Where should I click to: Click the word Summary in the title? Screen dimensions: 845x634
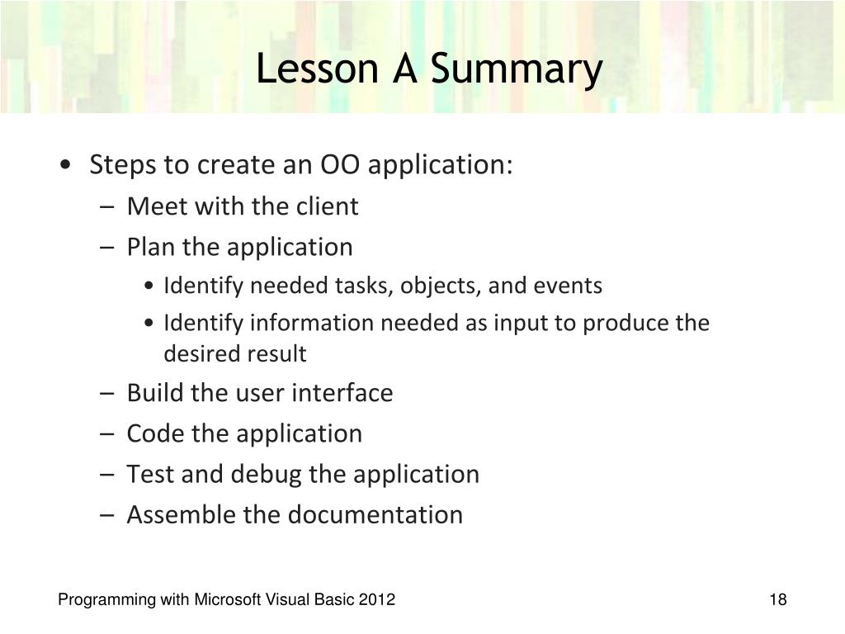pos(517,69)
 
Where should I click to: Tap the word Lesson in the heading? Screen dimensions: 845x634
pos(317,69)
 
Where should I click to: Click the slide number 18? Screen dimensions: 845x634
pos(777,599)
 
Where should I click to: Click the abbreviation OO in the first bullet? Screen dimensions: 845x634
pos(340,164)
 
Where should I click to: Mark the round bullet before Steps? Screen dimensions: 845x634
pos(66,164)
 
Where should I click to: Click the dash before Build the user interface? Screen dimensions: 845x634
pos(106,393)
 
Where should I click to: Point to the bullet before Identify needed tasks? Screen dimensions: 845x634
pos(149,286)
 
